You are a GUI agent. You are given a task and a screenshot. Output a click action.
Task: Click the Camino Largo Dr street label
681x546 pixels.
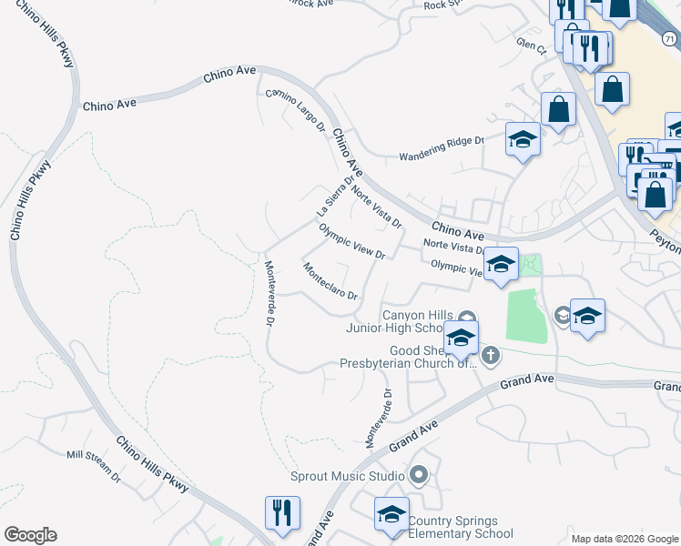[x=295, y=110]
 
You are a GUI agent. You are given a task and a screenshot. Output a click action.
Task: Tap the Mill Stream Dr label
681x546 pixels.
[x=93, y=463]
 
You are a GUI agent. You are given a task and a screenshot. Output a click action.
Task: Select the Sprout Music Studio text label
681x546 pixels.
[x=347, y=476]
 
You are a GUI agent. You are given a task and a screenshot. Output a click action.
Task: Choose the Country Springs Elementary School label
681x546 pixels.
[x=460, y=527]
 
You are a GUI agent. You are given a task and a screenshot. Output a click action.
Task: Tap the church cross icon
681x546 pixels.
[x=490, y=355]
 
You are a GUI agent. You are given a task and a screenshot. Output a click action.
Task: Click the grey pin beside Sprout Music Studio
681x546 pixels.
[x=419, y=474]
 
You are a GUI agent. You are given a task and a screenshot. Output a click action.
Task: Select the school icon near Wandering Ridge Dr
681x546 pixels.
[x=523, y=138]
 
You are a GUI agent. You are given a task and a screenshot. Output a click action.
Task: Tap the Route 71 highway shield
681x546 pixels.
[x=670, y=37]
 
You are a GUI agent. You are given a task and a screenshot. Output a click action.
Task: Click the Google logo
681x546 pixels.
[x=30, y=535]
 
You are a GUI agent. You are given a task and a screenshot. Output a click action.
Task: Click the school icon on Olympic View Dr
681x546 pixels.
[x=500, y=263]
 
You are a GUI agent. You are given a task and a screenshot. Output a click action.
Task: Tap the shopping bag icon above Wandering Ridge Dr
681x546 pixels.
[x=558, y=108]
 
